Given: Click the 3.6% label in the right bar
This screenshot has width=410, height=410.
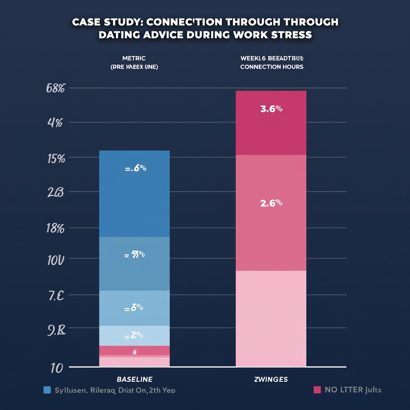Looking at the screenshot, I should pos(271,109).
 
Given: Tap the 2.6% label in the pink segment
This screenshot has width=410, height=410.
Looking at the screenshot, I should pos(271,203).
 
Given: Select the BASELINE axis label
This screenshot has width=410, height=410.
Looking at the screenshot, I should pos(135,379).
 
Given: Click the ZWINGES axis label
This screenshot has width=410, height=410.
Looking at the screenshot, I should pos(271,379).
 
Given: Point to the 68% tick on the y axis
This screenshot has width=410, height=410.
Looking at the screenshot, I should pos(56,88).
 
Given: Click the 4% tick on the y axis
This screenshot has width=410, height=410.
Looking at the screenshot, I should pos(55,123).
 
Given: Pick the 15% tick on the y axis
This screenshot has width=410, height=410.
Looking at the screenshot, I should pos(56,158).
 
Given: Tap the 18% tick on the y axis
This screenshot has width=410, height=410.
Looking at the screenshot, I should pos(55,229).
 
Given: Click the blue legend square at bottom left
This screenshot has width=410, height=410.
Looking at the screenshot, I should pos(47,390).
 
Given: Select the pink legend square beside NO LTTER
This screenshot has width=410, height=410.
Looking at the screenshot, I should pos(317,390).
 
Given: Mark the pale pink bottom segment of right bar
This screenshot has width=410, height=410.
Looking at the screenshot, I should pos(271,318).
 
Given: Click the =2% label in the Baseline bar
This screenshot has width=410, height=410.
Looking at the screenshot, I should pos(135,336).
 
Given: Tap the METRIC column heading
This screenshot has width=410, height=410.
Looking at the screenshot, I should pos(135,58).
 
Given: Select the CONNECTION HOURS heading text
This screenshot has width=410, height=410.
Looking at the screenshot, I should pos(271,67).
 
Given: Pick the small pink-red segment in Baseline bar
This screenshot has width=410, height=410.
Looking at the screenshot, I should pos(135,350).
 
